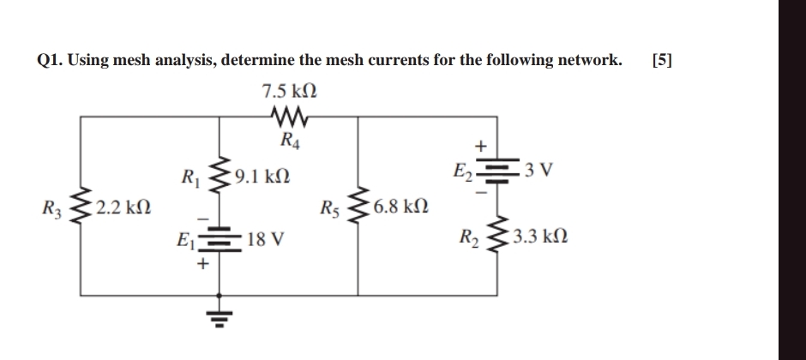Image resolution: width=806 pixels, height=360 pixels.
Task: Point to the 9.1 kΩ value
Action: click(262, 178)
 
